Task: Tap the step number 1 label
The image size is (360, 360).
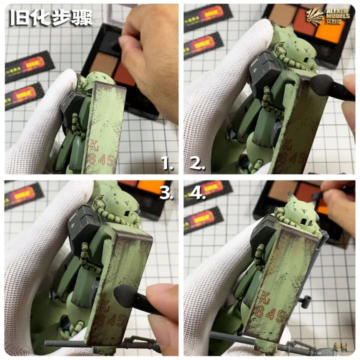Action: pos(168,163)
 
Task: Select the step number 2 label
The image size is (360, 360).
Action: pos(197,163)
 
